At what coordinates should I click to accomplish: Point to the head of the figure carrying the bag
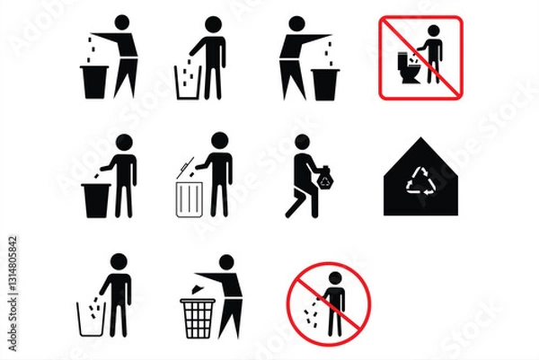303,141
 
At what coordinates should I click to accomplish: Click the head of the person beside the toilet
434,31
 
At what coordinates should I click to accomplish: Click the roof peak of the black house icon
420,140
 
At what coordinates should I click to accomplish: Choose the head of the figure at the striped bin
218,141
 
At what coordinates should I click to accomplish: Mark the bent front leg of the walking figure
293,205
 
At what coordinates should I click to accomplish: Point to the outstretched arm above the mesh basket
205,273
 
